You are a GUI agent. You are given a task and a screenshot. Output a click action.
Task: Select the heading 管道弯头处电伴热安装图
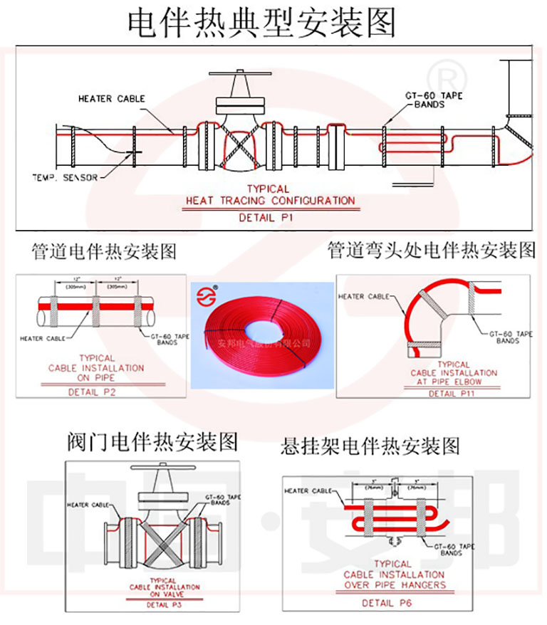click(x=431, y=251)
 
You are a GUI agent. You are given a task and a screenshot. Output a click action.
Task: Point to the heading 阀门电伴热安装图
click(x=147, y=441)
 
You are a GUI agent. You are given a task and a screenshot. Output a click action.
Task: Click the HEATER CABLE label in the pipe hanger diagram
click(x=308, y=491)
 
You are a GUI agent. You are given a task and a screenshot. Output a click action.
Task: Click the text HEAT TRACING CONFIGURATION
click(x=270, y=201)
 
